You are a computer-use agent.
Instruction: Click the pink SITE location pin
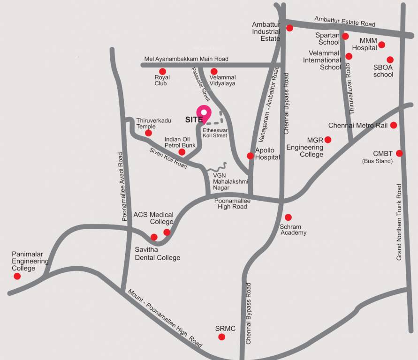tap(204, 113)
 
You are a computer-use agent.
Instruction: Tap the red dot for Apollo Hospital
tap(251, 156)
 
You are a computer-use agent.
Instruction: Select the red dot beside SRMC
tap(221, 337)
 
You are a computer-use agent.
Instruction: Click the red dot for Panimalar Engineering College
tap(17, 276)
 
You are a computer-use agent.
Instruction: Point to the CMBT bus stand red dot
tap(399, 153)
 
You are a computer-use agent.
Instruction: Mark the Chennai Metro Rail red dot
tap(394, 125)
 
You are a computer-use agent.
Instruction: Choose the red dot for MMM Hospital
tap(382, 45)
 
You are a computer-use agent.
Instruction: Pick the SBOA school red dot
tap(390, 60)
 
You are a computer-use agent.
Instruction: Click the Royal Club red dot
tap(163, 71)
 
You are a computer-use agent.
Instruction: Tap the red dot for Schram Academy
tap(288, 217)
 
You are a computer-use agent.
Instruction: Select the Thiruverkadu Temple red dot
tap(148, 133)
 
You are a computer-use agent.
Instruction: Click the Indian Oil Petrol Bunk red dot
tap(182, 152)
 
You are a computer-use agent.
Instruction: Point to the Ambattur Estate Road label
tap(345, 21)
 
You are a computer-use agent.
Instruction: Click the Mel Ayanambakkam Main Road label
tap(186, 59)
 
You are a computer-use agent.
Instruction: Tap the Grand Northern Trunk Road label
tap(399, 222)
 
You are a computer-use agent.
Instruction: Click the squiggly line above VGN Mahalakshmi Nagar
tap(217, 168)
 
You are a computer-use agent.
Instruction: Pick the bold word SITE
tap(194, 120)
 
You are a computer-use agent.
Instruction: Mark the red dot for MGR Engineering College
tap(328, 139)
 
